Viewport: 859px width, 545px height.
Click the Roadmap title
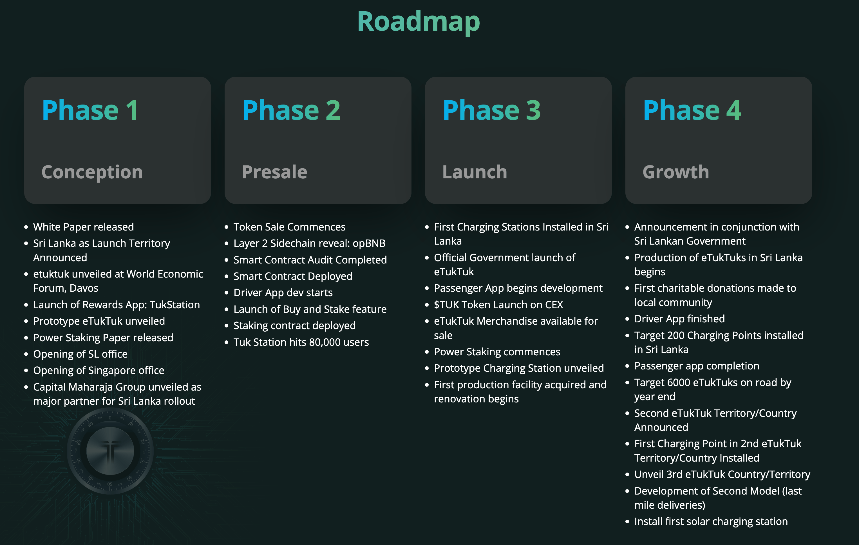pyautogui.click(x=419, y=22)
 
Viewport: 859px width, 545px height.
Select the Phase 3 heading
pyautogui.click(x=492, y=110)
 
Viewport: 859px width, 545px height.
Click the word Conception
pyautogui.click(x=92, y=172)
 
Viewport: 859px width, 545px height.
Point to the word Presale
pyautogui.click(x=274, y=172)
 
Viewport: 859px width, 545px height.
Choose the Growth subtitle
pyautogui.click(x=676, y=172)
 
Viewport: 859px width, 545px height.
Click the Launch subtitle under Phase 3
pyautogui.click(x=475, y=172)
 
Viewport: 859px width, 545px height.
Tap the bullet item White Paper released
pyautogui.click(x=84, y=227)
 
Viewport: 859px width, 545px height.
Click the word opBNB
pyautogui.click(x=369, y=243)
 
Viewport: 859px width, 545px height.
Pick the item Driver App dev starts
pyautogui.click(x=283, y=293)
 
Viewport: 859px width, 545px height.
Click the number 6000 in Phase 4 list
pyautogui.click(x=679, y=382)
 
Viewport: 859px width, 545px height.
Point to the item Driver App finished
pyautogui.click(x=679, y=319)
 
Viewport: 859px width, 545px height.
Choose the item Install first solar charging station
pyautogui.click(x=711, y=522)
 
